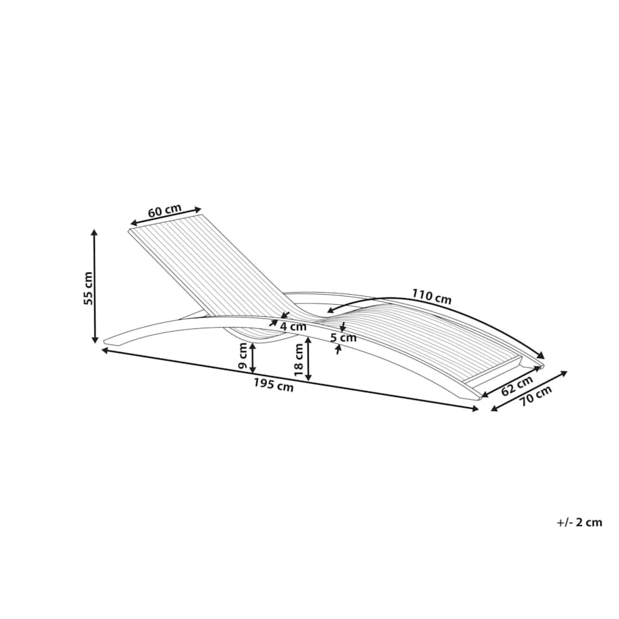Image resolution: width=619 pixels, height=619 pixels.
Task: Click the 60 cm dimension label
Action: pyautogui.click(x=165, y=211)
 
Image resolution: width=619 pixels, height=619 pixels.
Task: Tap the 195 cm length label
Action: pyautogui.click(x=274, y=384)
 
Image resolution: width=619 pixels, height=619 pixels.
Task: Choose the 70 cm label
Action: pyautogui.click(x=535, y=395)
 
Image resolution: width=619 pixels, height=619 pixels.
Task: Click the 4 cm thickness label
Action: pyautogui.click(x=293, y=327)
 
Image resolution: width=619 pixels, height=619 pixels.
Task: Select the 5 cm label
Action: pyautogui.click(x=343, y=338)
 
